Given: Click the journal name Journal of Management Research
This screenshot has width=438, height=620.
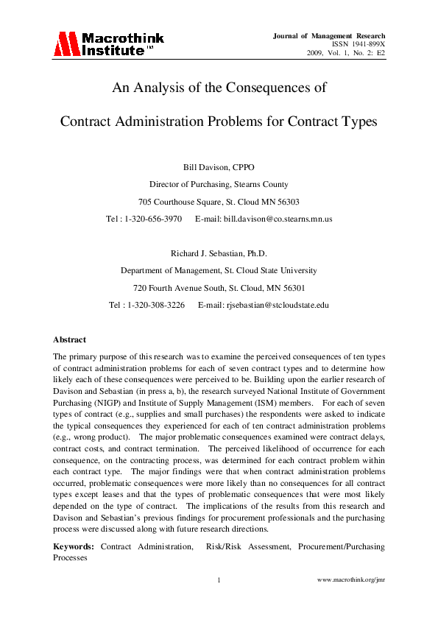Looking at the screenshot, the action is tap(329, 35).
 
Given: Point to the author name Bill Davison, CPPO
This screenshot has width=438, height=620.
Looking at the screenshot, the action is tap(219, 167).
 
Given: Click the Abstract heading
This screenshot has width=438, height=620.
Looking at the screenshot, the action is tap(69, 340).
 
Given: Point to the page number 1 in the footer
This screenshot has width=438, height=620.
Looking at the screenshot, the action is tap(219, 580).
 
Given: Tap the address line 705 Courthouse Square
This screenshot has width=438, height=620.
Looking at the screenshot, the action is tap(219, 202).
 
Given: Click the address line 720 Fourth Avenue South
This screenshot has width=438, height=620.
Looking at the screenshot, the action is tap(219, 288).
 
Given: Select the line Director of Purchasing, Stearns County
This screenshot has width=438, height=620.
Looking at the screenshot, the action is tap(219, 185).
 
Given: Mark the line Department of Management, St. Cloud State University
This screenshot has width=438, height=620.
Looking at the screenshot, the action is tap(219, 271).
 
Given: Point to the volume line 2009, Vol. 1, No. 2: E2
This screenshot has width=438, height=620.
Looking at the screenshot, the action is tap(346, 53).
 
